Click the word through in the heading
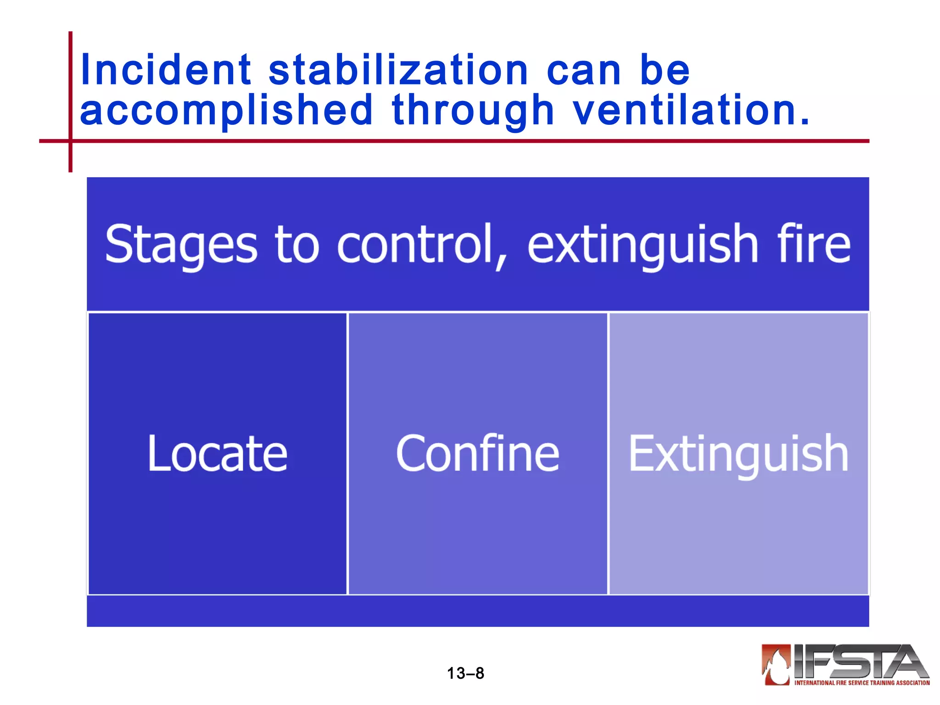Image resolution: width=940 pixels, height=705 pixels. tap(473, 111)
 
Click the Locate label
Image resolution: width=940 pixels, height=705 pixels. tap(217, 453)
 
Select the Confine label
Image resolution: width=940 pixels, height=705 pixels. tap(477, 453)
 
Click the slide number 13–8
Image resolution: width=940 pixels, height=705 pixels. tap(465, 673)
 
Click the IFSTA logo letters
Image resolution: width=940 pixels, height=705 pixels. tap(858, 661)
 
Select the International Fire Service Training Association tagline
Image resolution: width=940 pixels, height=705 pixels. tap(862, 683)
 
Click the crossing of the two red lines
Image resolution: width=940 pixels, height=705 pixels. tap(70, 141)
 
